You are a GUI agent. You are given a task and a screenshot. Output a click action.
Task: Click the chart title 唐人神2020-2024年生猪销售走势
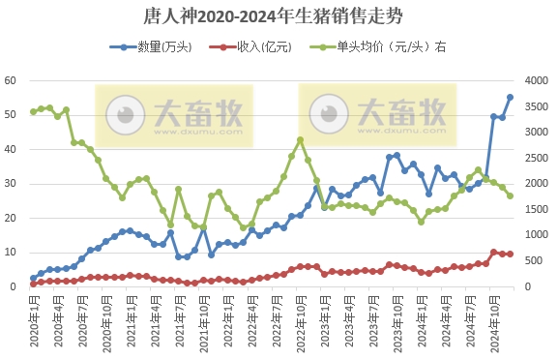[x=279, y=16]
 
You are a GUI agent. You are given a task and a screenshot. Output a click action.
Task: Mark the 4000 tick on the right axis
[x=536, y=80]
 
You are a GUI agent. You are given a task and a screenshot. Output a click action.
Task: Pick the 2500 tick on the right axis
[x=536, y=158]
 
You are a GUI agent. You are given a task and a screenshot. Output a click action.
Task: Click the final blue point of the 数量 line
[x=510, y=97]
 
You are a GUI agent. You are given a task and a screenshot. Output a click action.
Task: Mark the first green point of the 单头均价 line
[x=33, y=111]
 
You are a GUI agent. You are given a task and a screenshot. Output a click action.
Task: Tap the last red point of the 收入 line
[x=510, y=254]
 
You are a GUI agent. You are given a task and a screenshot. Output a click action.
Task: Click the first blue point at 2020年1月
[x=33, y=278]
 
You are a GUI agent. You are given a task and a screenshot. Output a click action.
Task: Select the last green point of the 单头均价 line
[x=510, y=195]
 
